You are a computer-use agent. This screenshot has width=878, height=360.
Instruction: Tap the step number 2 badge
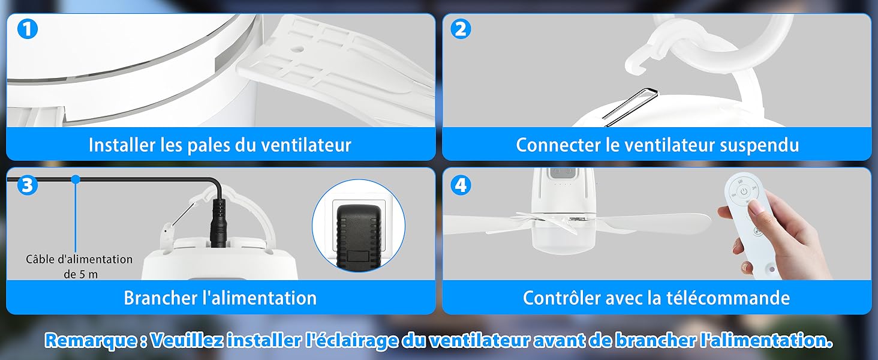tap(461, 29)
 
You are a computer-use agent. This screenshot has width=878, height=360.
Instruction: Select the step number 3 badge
tap(26, 185)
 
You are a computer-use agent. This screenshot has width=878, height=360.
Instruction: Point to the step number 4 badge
tap(461, 185)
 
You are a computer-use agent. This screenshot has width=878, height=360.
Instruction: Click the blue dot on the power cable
tap(76, 179)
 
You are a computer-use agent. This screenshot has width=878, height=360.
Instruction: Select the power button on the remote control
tap(744, 191)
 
